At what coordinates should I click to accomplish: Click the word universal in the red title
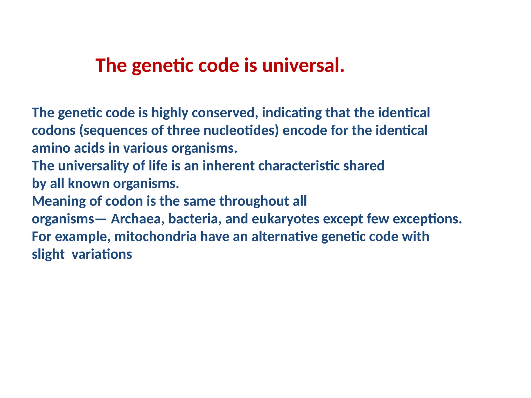pos(303,65)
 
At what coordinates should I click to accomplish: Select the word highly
pos(170,113)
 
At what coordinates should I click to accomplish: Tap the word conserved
pos(225,113)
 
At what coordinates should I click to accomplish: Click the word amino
pos(51,148)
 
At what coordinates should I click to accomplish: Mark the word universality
pos(93,166)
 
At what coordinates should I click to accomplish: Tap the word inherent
pos(228,166)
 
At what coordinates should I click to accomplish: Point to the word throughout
pos(254,201)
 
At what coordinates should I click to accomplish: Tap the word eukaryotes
pos(285,219)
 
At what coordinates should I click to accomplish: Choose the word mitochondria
pos(155,237)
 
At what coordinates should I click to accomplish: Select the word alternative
pos(284,237)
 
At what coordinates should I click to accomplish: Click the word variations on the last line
pos(102,254)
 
